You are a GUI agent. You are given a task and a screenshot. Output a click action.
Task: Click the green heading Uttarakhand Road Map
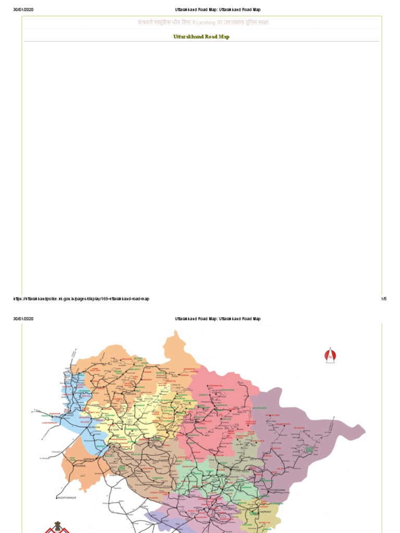tap(201, 37)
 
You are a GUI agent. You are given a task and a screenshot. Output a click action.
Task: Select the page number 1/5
tap(384, 299)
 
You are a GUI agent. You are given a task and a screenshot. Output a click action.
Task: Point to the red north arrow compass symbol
tap(330, 356)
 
